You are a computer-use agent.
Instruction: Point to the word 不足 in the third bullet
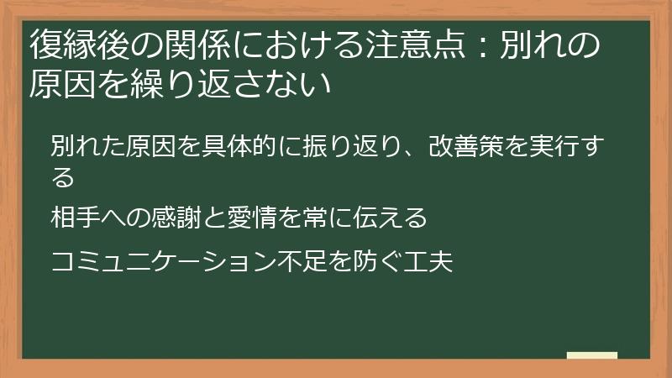[326, 262]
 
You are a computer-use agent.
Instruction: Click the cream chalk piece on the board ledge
[591, 356]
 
